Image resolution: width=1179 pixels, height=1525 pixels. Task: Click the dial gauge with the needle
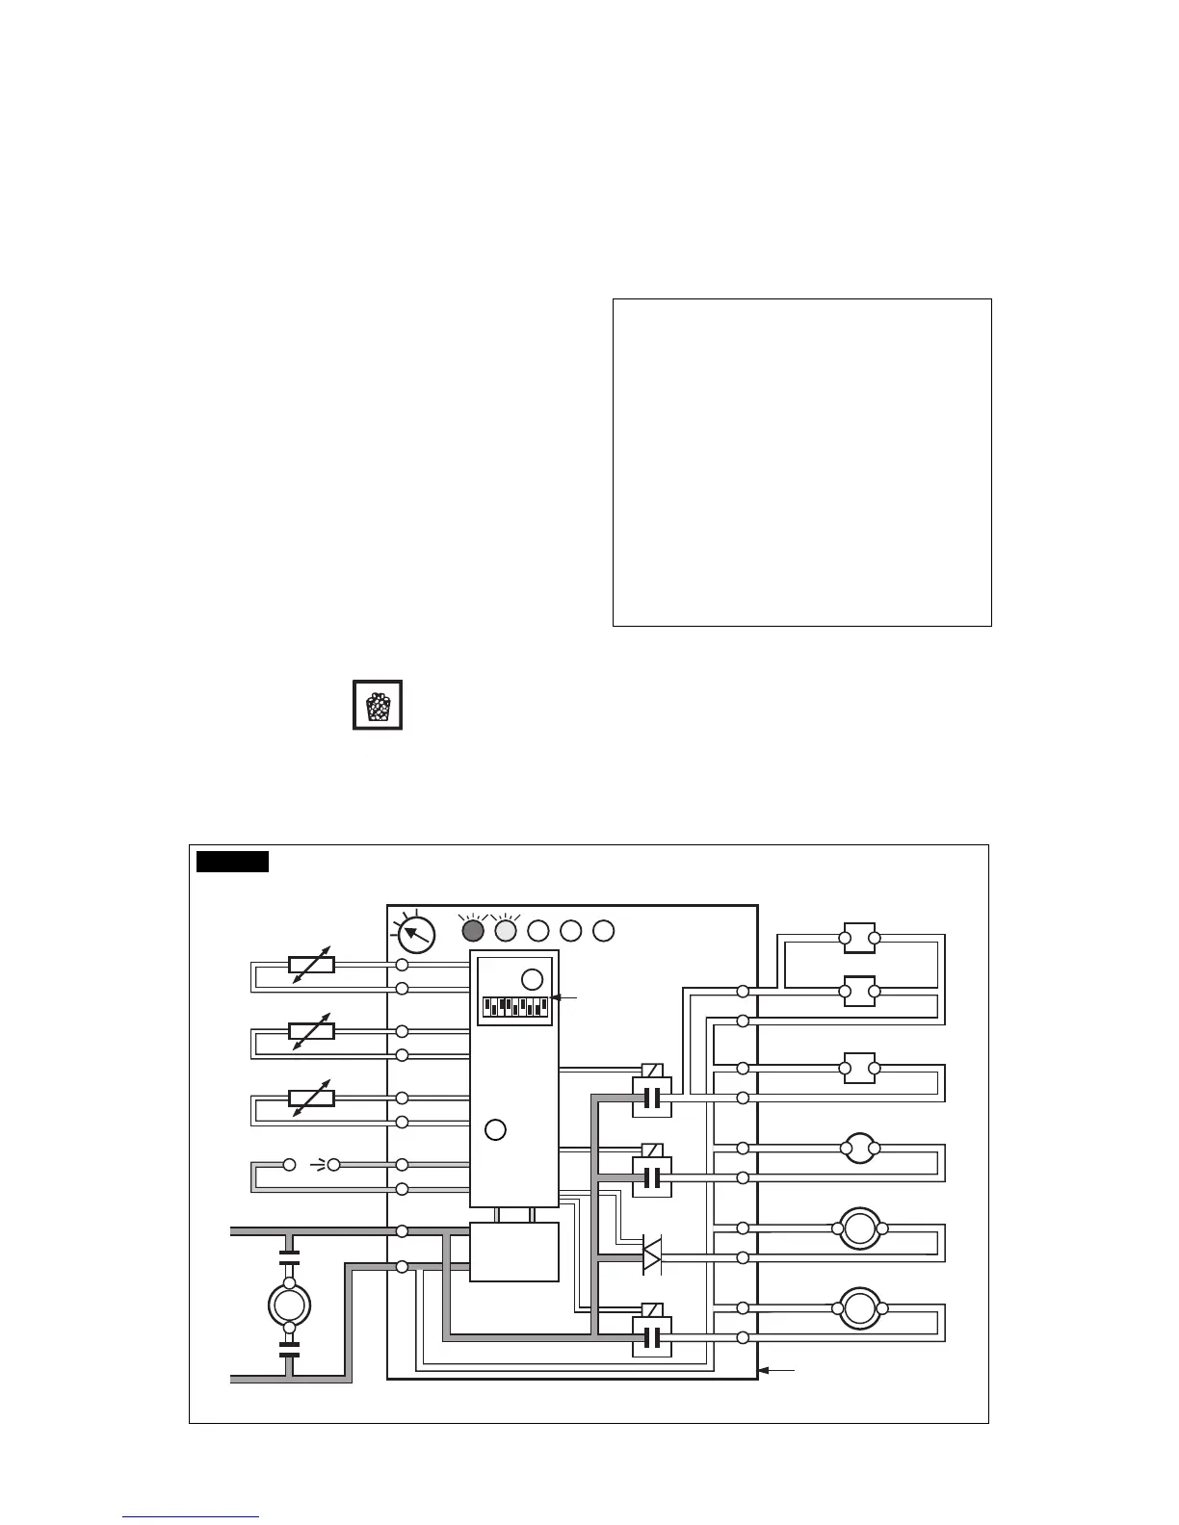(x=415, y=934)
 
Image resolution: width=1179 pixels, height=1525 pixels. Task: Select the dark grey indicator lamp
(x=473, y=931)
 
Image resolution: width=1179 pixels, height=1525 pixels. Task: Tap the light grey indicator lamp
(x=506, y=931)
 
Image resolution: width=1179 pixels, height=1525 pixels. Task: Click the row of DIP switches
(x=515, y=1007)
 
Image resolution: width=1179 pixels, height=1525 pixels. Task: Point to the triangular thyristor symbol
(x=652, y=1257)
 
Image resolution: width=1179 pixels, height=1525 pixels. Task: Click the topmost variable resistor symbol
(x=312, y=965)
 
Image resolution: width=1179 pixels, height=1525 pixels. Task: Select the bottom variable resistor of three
(x=312, y=1099)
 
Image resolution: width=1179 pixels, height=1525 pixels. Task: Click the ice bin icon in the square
(x=378, y=706)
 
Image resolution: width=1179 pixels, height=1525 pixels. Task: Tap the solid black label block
(x=232, y=861)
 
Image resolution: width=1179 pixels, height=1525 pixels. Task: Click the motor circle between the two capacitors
(x=289, y=1305)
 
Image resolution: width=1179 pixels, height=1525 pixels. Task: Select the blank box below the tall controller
(x=514, y=1252)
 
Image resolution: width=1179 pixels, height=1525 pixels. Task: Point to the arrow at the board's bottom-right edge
(x=777, y=1369)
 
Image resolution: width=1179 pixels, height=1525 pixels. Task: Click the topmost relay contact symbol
(x=652, y=1098)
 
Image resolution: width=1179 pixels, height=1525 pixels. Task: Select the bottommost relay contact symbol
(x=652, y=1337)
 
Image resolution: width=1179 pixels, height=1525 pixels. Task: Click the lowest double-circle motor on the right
(x=859, y=1308)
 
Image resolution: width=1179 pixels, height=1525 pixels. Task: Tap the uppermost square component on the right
(x=859, y=938)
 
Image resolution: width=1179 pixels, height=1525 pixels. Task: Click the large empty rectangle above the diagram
(x=802, y=462)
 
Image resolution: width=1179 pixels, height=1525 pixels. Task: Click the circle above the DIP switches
(x=532, y=980)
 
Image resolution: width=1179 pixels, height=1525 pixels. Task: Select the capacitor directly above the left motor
(x=289, y=1256)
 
